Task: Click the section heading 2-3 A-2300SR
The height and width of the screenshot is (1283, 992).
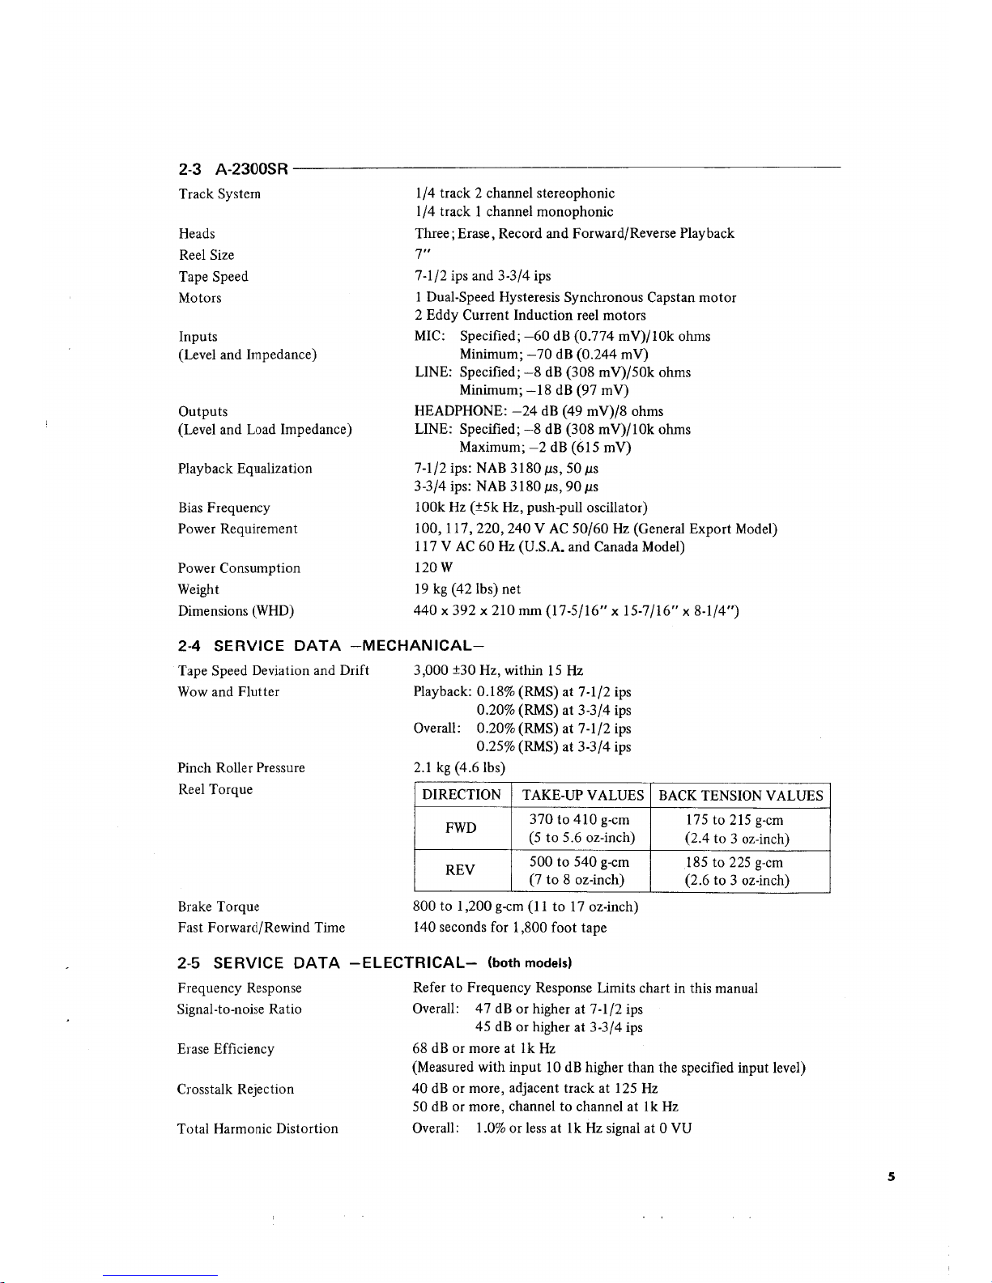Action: [x=233, y=169]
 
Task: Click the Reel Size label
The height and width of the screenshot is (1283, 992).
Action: [x=206, y=255]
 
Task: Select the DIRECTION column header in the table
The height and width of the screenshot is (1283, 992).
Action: [x=462, y=795]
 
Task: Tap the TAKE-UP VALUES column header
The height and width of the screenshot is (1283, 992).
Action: [x=583, y=795]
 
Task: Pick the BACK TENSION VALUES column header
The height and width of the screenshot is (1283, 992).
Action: [x=741, y=795]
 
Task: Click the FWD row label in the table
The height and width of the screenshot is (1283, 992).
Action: [x=461, y=828]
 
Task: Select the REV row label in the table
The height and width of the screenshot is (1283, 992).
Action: [x=460, y=870]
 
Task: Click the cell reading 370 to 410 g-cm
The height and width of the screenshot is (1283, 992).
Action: [x=579, y=820]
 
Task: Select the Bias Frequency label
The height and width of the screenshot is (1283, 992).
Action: [x=224, y=508]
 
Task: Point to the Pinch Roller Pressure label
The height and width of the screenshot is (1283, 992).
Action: [x=241, y=767]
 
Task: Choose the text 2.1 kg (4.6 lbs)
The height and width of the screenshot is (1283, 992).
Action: [x=459, y=767]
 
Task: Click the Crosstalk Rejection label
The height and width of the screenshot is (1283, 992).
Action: [x=236, y=1089]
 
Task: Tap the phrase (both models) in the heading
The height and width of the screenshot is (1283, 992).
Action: [x=530, y=963]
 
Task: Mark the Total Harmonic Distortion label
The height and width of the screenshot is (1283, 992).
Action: [x=258, y=1128]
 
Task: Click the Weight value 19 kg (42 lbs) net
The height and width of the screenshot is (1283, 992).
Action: [x=468, y=589]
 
